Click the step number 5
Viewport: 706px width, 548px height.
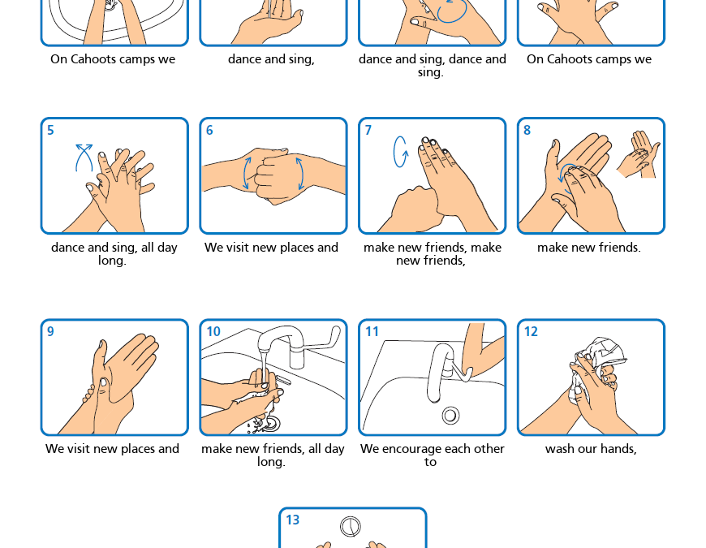(x=50, y=130)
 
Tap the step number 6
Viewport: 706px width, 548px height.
(x=209, y=130)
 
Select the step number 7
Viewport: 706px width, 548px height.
(x=368, y=130)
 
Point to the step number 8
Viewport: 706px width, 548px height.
(x=527, y=130)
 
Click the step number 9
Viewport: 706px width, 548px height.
(x=50, y=331)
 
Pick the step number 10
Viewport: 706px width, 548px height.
(x=213, y=331)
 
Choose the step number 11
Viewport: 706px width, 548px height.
(x=372, y=331)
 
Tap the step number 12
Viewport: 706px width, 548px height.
(x=531, y=331)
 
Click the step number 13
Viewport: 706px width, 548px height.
(x=293, y=520)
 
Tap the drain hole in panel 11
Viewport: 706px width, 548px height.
(x=450, y=415)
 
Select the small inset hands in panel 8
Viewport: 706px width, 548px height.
(x=639, y=154)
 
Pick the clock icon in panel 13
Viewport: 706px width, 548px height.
(x=351, y=526)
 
